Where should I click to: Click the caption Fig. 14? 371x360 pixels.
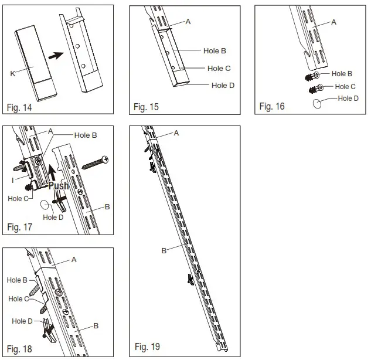click(19, 108)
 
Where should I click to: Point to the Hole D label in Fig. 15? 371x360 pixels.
click(223, 86)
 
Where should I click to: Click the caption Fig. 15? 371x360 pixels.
click(146, 107)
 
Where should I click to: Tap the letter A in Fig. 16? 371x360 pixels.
click(333, 22)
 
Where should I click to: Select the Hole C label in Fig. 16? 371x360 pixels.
click(345, 86)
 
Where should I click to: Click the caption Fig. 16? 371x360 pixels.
click(272, 106)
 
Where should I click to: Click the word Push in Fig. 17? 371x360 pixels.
click(58, 186)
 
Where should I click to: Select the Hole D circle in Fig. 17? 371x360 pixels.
click(46, 206)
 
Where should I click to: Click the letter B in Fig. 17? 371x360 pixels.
click(107, 206)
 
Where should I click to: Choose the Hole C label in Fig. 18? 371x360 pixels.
click(19, 299)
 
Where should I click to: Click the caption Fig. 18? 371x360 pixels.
click(19, 349)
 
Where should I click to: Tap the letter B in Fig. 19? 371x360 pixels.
click(164, 250)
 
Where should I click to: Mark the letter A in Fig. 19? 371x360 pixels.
click(176, 133)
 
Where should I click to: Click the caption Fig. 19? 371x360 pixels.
click(147, 347)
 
